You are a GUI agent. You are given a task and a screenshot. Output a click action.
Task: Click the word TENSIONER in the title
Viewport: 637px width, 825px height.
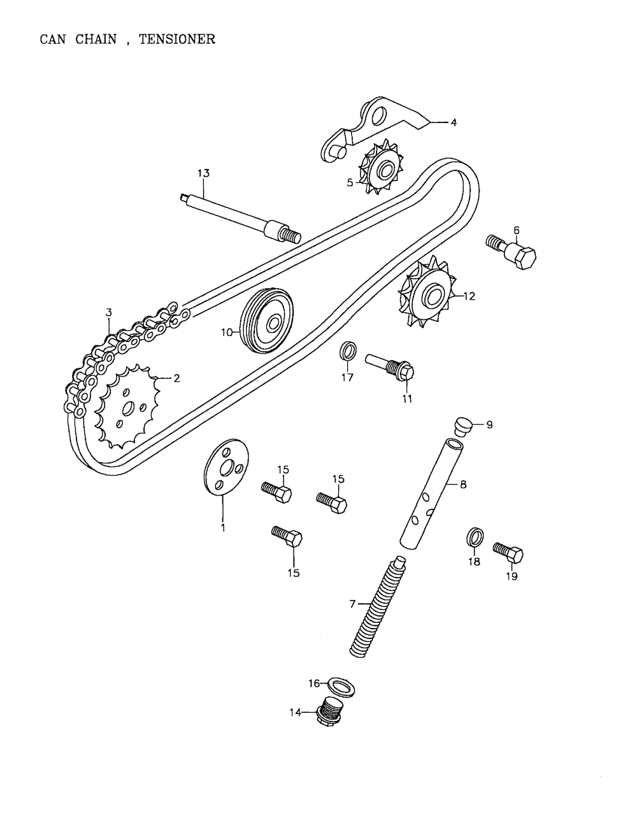tap(177, 40)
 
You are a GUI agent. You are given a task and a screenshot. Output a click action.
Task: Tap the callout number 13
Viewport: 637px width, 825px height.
tap(203, 173)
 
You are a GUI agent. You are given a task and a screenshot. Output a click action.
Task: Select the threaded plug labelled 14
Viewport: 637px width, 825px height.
tap(331, 712)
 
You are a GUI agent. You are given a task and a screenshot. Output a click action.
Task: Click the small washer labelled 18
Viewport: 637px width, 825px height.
tap(475, 537)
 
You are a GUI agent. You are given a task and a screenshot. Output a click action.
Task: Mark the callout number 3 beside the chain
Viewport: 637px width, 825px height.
tap(109, 313)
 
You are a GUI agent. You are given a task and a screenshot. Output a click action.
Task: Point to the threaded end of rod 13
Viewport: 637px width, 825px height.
tap(290, 237)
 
